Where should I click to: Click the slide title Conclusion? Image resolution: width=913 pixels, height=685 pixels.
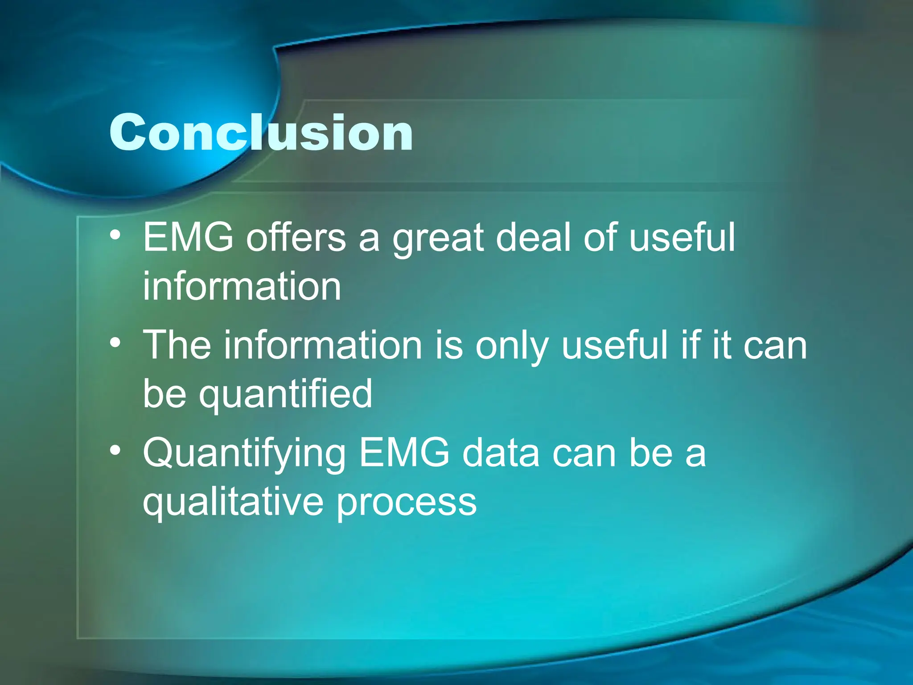point(261,132)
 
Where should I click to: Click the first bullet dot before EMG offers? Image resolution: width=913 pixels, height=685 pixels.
point(115,235)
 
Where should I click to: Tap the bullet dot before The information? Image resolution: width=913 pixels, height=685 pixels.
point(115,342)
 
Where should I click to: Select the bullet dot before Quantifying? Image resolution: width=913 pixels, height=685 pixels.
point(115,450)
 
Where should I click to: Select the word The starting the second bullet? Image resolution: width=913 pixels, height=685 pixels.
point(177,345)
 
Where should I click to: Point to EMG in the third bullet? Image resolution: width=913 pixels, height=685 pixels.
point(404,453)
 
